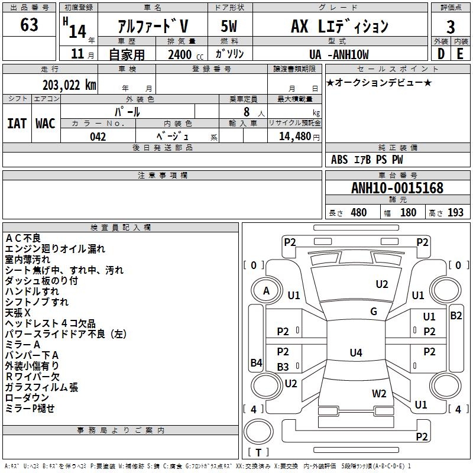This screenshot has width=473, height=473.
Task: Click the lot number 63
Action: click(29, 25)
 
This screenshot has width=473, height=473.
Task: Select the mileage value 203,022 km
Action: click(69, 85)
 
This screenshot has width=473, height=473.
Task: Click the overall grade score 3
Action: click(451, 27)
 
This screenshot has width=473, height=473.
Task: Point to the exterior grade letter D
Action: click(440, 53)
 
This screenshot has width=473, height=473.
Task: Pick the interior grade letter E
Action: click(460, 53)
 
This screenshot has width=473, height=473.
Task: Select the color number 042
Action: click(98, 137)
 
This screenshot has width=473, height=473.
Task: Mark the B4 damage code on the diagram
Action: click(256, 363)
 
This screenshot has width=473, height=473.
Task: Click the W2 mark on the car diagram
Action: click(379, 393)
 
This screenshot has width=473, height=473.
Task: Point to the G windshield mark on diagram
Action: click(374, 312)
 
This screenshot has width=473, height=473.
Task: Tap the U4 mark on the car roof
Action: click(355, 353)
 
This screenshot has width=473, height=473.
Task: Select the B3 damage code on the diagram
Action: click(283, 367)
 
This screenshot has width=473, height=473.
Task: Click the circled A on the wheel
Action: click(266, 291)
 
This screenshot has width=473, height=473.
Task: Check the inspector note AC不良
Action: click(23, 238)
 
